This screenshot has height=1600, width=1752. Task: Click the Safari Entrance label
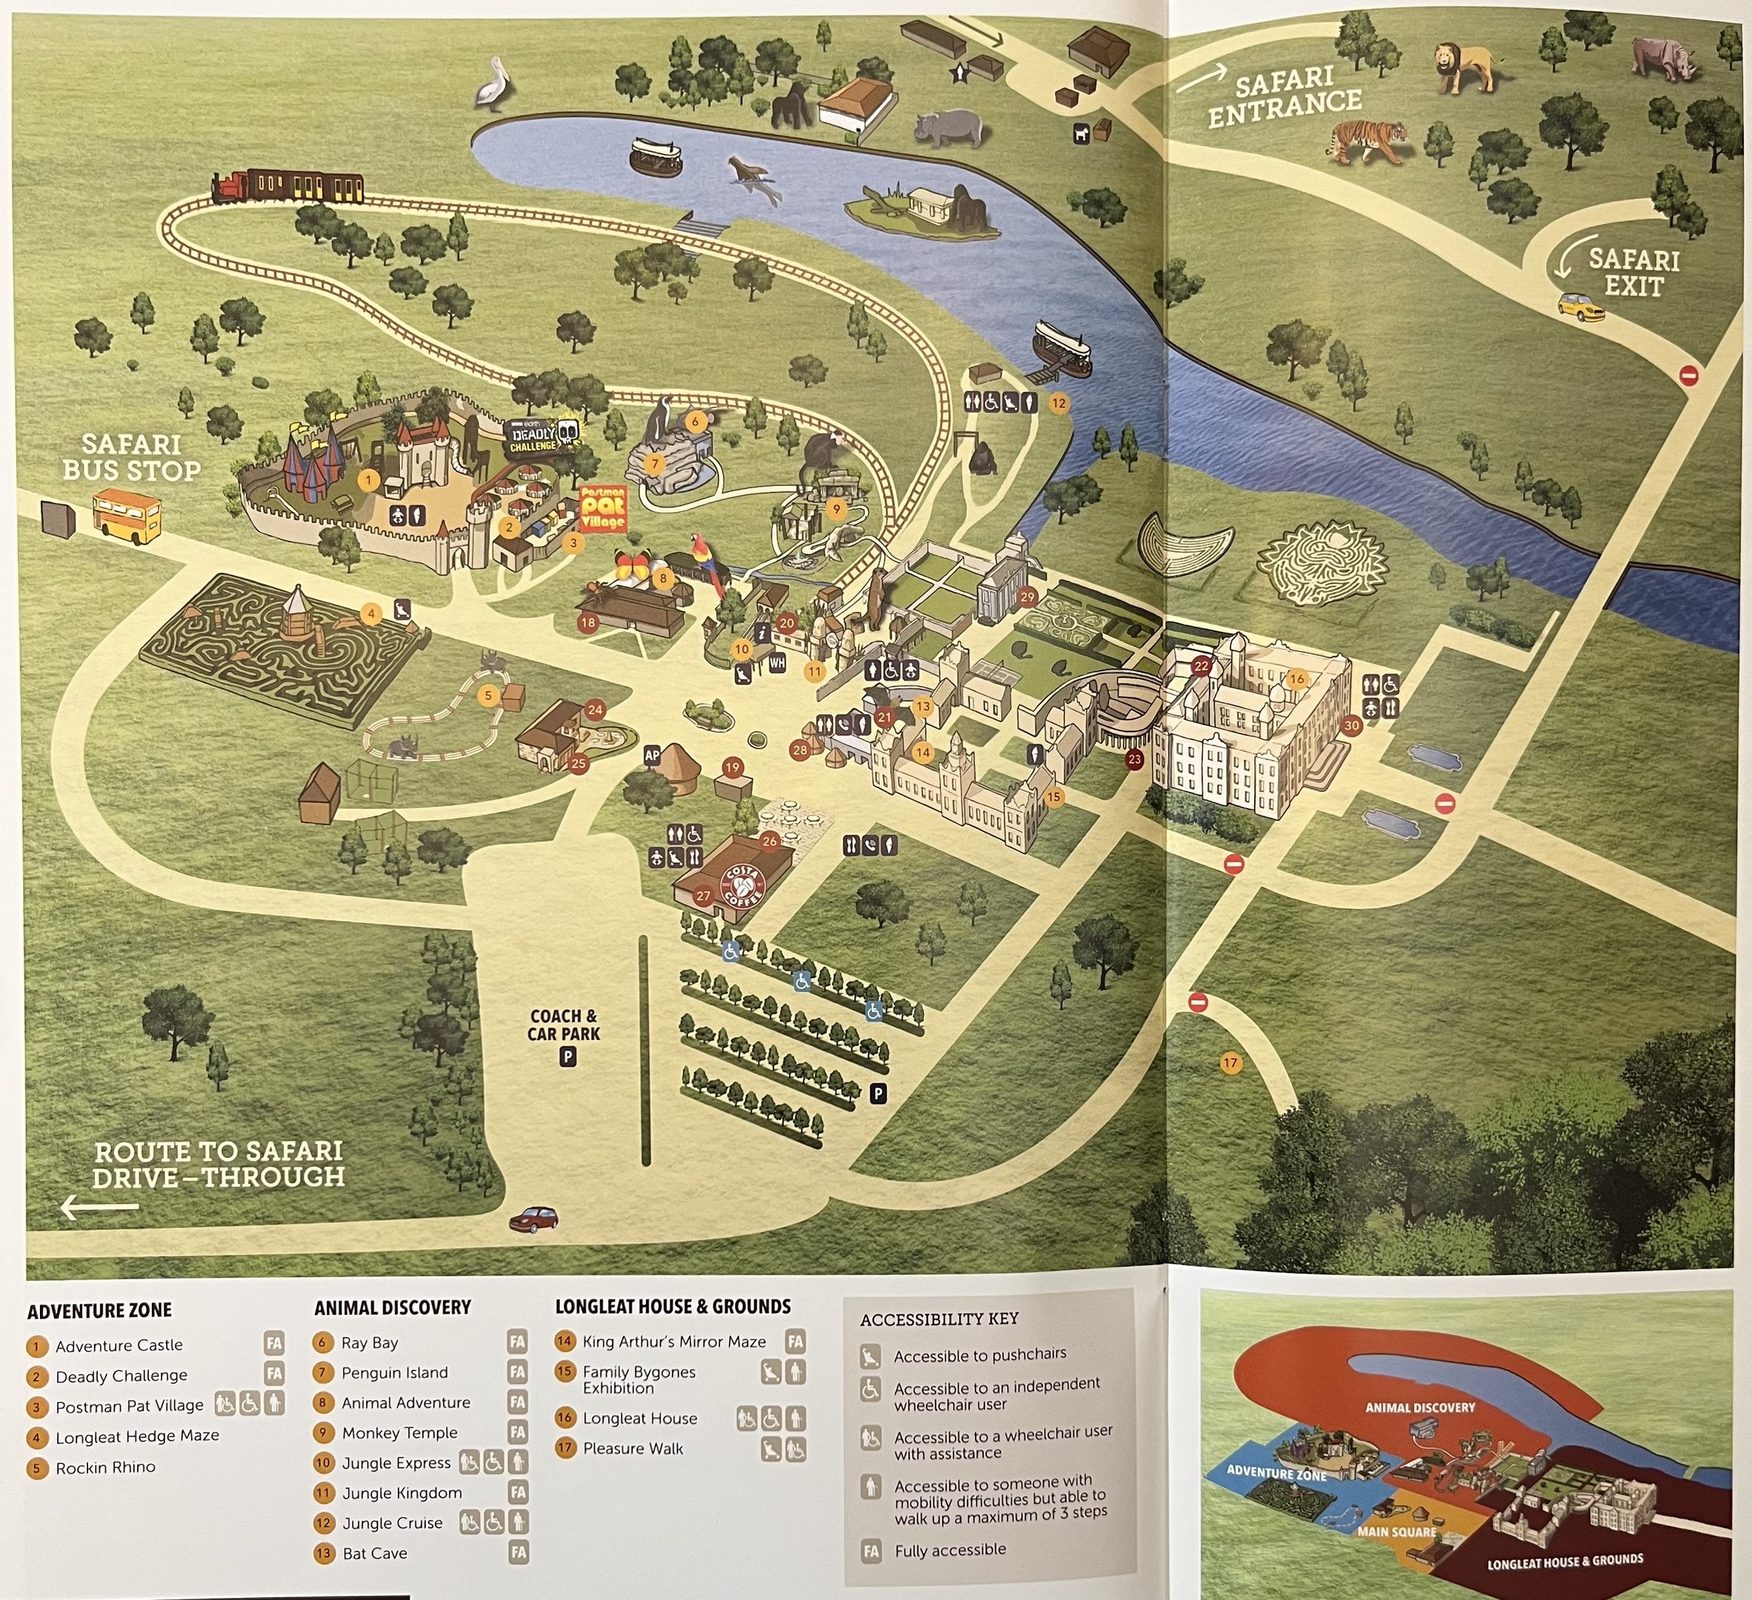(1285, 99)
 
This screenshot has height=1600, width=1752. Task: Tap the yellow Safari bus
(127, 515)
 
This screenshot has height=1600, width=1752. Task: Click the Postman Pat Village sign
(602, 508)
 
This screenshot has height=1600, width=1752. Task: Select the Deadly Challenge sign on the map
(542, 436)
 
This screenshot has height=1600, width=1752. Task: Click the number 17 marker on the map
(1230, 1062)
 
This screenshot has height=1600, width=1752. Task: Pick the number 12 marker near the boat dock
(1059, 403)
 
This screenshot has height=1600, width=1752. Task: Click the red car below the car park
(533, 1219)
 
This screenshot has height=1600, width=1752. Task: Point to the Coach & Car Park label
(564, 1025)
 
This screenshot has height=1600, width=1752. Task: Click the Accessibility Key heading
(939, 1319)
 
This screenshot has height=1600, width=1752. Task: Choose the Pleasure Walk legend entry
(633, 1448)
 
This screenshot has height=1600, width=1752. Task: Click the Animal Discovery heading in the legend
(393, 1307)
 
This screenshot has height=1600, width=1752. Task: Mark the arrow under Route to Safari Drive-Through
(99, 1207)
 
